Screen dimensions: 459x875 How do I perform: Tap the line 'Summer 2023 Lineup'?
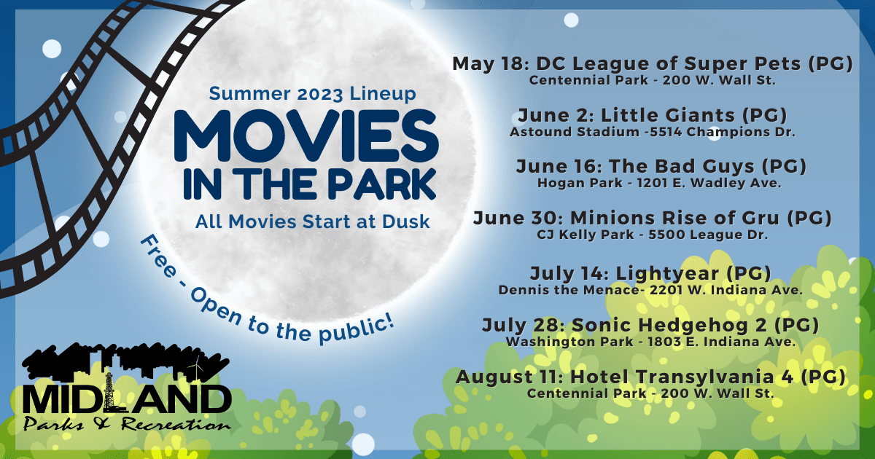pos(313,93)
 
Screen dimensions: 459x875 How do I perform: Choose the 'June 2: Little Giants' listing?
pos(652,115)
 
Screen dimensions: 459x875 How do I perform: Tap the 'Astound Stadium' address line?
pos(652,132)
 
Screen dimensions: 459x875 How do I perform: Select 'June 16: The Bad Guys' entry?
pos(652,166)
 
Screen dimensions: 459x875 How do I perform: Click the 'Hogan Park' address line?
pos(652,183)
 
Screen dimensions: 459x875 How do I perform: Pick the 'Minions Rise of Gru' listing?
pos(652,218)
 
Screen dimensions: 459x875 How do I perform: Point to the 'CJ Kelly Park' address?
pos(652,235)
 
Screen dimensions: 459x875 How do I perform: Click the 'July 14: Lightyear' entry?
pos(650,273)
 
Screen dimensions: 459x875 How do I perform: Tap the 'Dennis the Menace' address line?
pos(650,289)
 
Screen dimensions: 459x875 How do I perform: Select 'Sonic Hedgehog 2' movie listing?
pos(650,325)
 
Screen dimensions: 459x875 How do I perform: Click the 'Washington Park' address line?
pos(650,341)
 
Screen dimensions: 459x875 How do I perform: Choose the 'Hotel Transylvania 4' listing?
pos(650,377)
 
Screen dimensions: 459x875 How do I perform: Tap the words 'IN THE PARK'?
pos(310,184)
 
